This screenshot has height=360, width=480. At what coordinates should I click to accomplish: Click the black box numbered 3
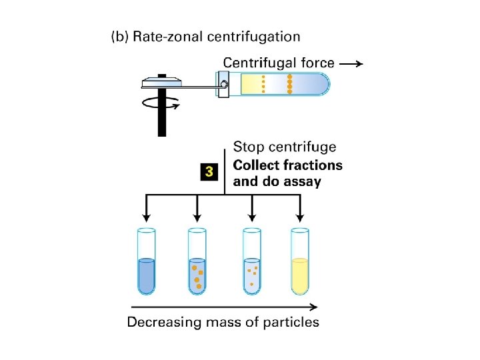pyautogui.click(x=209, y=172)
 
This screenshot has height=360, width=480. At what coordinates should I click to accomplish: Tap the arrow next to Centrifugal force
pyautogui.click(x=351, y=64)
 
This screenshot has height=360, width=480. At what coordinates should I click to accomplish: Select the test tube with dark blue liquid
pyautogui.click(x=145, y=263)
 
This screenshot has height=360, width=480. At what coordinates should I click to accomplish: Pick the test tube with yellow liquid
pyautogui.click(x=300, y=263)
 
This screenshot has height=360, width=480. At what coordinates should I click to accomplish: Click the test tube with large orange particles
pyautogui.click(x=197, y=263)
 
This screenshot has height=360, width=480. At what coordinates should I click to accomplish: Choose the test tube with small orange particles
pyautogui.click(x=251, y=263)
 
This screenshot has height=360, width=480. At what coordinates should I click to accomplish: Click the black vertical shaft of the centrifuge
pyautogui.click(x=161, y=120)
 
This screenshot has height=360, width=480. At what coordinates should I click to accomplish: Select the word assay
pyautogui.click(x=303, y=181)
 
